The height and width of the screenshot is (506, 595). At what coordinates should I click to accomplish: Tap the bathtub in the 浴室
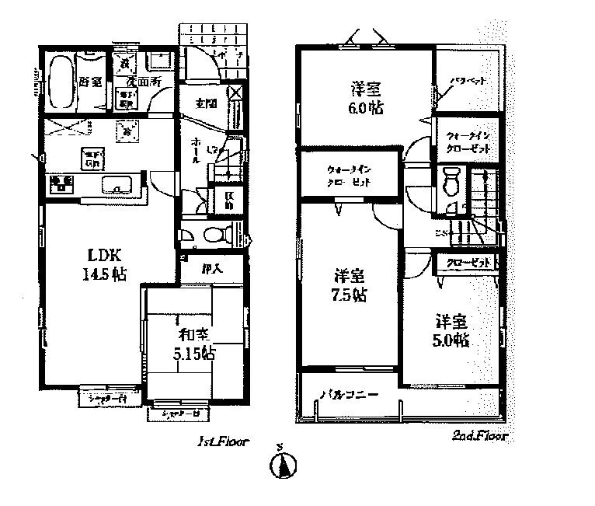point(58,82)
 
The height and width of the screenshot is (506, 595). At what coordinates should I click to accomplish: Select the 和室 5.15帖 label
point(193,344)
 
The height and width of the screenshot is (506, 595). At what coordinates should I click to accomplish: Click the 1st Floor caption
point(222,441)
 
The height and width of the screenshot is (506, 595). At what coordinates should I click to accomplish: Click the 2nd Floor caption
point(479,437)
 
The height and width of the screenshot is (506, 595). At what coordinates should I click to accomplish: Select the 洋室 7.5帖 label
point(350,285)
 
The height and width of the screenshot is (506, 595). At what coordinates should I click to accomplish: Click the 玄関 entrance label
point(205,103)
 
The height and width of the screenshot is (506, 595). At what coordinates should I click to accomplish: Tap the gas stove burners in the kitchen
point(60,184)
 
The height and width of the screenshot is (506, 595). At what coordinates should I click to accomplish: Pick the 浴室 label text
point(90,82)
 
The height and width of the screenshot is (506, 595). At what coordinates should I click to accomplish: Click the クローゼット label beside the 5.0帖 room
point(469,263)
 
